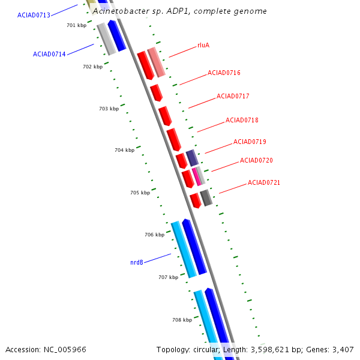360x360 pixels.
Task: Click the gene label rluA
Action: pyautogui.click(x=203, y=45)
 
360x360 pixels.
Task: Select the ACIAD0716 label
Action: pyautogui.click(x=224, y=73)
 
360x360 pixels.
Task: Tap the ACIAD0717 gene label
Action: pyautogui.click(x=233, y=96)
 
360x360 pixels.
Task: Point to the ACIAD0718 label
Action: pyautogui.click(x=242, y=120)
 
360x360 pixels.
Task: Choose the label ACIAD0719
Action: pyautogui.click(x=250, y=142)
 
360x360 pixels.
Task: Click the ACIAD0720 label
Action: pyautogui.click(x=256, y=160)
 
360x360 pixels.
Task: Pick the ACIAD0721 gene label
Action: pyautogui.click(x=264, y=182)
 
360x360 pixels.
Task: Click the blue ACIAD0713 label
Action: pyautogui.click(x=34, y=15)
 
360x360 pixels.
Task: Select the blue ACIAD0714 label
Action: pyautogui.click(x=49, y=54)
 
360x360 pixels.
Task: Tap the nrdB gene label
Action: pyautogui.click(x=137, y=262)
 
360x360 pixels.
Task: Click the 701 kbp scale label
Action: pyautogui.click(x=76, y=25)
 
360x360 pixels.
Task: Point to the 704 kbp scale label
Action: pyautogui.click(x=124, y=150)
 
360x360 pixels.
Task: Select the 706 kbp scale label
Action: pyautogui.click(x=155, y=235)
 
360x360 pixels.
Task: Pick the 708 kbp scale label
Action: pyautogui.click(x=182, y=320)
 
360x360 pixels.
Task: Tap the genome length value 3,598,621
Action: pyautogui.click(x=270, y=350)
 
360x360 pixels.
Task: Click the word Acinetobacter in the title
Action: pyautogui.click(x=121, y=11)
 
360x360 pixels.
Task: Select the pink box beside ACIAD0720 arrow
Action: pyautogui.click(x=197, y=176)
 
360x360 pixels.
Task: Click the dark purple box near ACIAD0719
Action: pyautogui.click(x=192, y=158)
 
